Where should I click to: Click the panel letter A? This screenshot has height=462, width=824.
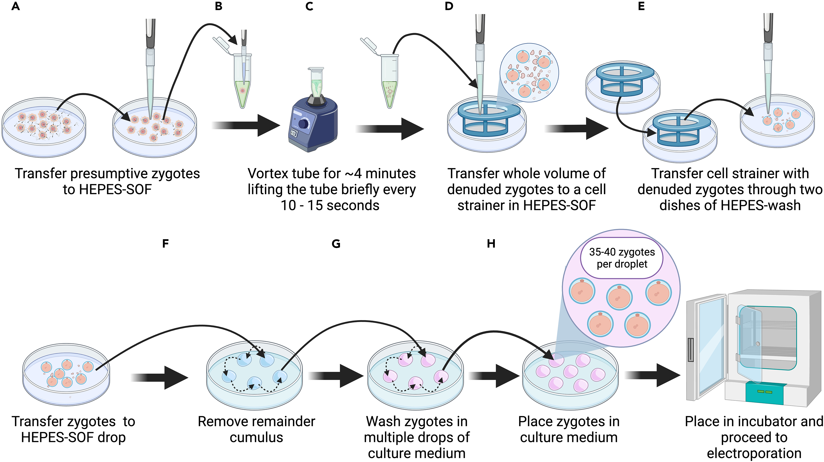coord(15,6)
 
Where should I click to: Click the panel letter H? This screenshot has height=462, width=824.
coord(491,244)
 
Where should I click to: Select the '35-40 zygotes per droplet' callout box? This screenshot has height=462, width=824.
coord(622,258)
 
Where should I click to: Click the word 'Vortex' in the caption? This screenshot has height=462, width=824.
coord(267,174)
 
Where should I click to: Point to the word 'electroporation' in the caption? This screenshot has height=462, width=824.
coord(754,453)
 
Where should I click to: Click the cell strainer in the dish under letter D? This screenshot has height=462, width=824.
coord(489,118)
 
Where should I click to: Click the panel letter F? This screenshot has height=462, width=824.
coord(165,244)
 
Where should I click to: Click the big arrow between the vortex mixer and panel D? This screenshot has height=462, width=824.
coord(390,129)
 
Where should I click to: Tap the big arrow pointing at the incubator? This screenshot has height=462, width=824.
coord(652,375)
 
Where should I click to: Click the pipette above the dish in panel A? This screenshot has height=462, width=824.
coord(150,64)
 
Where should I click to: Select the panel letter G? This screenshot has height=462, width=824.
coord(336,244)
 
